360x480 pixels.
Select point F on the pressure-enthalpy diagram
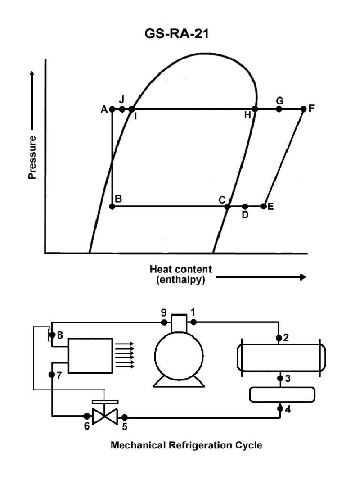(x=303, y=109)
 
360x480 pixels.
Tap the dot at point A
(x=112, y=109)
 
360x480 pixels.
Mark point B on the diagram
(x=112, y=206)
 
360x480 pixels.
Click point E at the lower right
(x=264, y=206)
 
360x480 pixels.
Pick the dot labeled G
(x=279, y=109)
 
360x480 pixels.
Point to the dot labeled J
(x=122, y=109)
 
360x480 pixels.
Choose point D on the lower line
(x=245, y=206)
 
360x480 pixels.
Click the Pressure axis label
(x=32, y=158)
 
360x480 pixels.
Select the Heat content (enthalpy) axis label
(x=180, y=274)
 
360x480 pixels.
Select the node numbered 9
(x=165, y=322)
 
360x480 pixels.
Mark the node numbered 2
(x=279, y=338)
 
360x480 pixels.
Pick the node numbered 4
(x=279, y=408)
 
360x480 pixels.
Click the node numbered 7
(x=52, y=375)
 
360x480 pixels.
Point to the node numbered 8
(x=52, y=335)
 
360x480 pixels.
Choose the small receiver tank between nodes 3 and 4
(x=282, y=394)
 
